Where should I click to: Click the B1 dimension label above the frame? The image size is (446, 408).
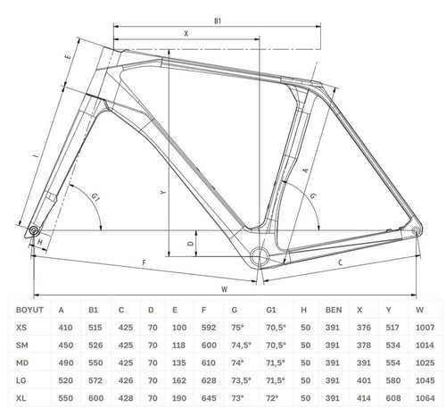coord(218,21)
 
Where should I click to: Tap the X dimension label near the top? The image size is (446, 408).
coord(186,34)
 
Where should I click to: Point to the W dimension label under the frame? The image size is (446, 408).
coord(225,289)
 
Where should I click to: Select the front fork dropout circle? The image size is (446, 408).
coord(33,230)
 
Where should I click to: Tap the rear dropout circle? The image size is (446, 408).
coord(416,230)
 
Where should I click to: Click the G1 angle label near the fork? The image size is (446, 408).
coord(95,197)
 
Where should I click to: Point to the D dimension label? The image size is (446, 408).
coord(191,244)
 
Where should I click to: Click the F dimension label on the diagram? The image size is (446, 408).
coord(145,262)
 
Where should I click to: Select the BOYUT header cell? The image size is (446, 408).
coord(29,310)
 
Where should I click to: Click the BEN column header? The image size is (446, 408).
coord(334,310)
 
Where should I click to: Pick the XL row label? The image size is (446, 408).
coord(21,398)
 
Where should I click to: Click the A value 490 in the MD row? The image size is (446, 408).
coord(66,362)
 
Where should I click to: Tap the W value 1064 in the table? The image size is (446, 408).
coord(425,398)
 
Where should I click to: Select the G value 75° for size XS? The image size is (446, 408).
coord(237,328)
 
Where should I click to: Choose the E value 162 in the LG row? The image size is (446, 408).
coord(179,380)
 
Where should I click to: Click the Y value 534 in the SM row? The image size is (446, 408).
coord(392,346)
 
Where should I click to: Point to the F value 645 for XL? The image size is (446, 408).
coord(209,398)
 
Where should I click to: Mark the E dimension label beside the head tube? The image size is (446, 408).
coord(68,55)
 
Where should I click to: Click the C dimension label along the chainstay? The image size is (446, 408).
coord(341,262)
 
